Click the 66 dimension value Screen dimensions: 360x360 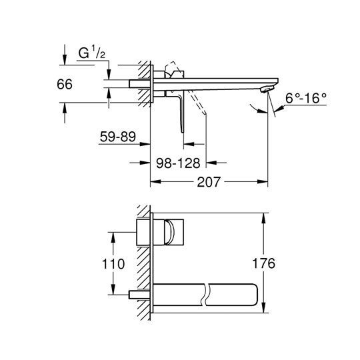(65, 84)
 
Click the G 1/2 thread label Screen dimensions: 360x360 (92, 53)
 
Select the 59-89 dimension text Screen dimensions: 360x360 (118, 137)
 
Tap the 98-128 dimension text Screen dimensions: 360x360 (178, 163)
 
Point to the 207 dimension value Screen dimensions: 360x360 (209, 182)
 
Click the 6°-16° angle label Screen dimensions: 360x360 (306, 98)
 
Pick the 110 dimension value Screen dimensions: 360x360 (113, 264)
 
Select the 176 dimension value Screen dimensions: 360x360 (263, 263)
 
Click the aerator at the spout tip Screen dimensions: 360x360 (267, 89)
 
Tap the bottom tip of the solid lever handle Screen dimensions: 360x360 (183, 132)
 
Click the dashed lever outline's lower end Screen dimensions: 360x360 (205, 113)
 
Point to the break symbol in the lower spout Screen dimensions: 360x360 (205, 295)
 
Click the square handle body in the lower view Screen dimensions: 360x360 (174, 232)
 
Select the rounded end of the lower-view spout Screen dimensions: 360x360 (255, 295)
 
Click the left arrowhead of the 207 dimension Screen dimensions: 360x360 (155, 182)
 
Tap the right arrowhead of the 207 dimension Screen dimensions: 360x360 (263, 182)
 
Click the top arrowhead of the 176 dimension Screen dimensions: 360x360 (263, 218)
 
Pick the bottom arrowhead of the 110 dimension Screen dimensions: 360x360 (113, 289)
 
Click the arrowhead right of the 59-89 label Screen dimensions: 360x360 (145, 144)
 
